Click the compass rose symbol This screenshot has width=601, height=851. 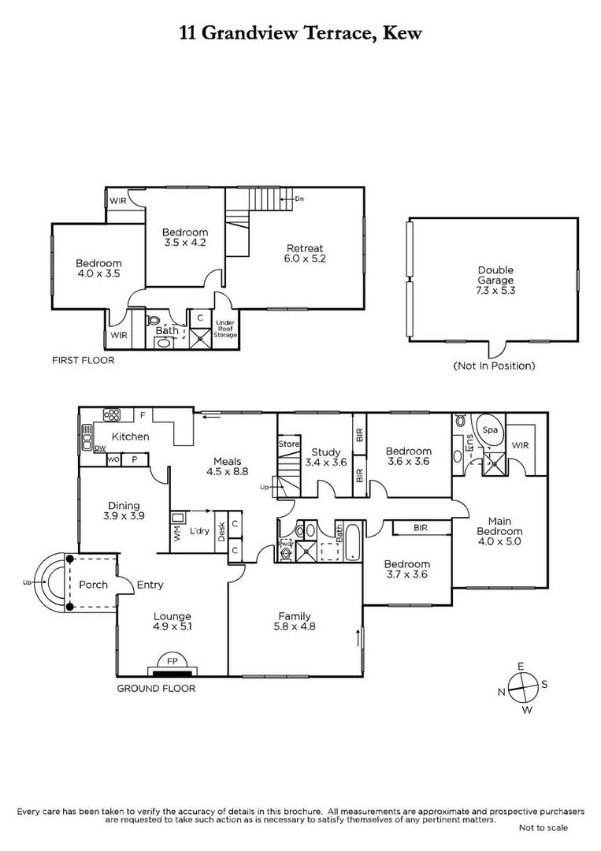click(523, 687)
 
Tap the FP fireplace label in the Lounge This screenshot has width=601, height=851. click(172, 662)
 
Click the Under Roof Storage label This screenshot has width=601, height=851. click(225, 329)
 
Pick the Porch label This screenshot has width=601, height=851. click(93, 585)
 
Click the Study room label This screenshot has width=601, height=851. click(325, 452)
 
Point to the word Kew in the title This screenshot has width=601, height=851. click(403, 33)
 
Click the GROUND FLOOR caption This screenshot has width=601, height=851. click(156, 688)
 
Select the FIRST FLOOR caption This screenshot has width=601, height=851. click(83, 360)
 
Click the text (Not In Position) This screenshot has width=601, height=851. click(494, 366)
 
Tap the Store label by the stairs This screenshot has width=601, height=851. click(288, 444)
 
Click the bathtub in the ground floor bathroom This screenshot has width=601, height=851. click(352, 542)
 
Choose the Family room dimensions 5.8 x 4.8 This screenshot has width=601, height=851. click(295, 626)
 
